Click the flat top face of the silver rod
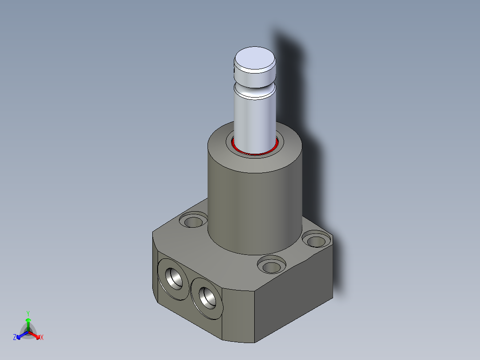click(255, 57)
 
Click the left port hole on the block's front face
click(174, 278)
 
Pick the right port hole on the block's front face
click(207, 298)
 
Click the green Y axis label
click(28, 313)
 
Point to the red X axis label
click(42, 337)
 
